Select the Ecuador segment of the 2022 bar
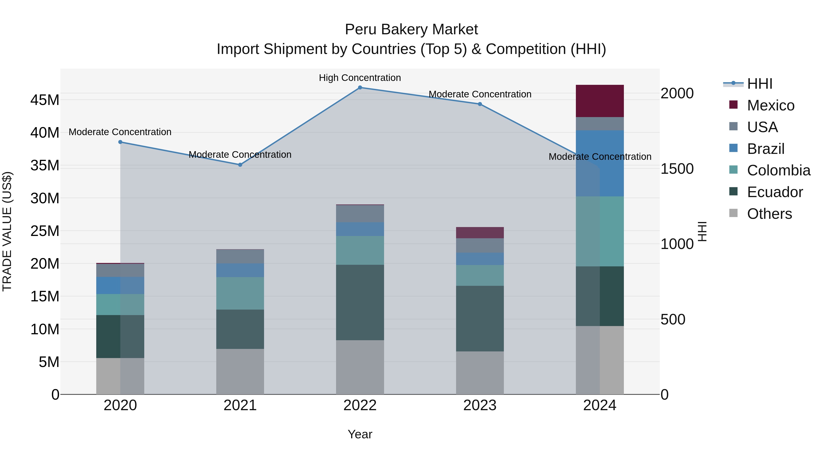point(360,302)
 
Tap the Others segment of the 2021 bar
point(240,371)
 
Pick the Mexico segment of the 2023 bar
point(480,233)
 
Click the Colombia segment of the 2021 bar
point(240,293)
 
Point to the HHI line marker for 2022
point(360,88)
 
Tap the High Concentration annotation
point(360,78)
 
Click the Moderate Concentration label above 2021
point(240,155)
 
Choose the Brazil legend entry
point(765,149)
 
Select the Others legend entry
point(769,214)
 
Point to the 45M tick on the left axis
point(45,100)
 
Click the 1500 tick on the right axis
point(677,169)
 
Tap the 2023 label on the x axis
point(480,405)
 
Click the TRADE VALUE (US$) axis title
point(7,231)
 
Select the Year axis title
point(360,434)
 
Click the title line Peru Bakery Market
point(411,29)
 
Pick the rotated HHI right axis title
point(702,231)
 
